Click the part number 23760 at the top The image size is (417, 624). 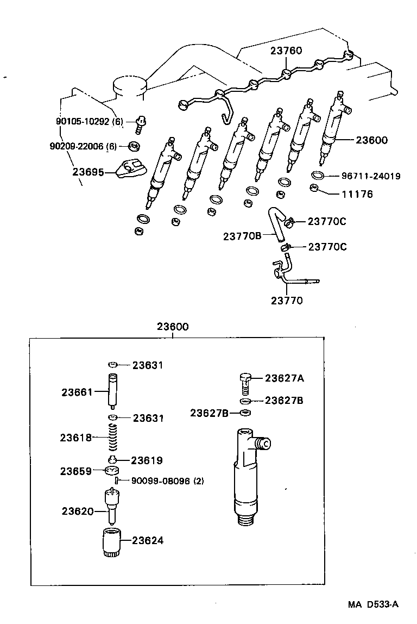pyautogui.click(x=286, y=51)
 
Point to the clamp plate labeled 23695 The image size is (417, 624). pyautogui.click(x=132, y=169)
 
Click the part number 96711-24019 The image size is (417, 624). pyautogui.click(x=371, y=176)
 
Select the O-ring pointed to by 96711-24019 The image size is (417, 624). pyautogui.click(x=319, y=175)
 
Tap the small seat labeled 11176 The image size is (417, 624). pyautogui.click(x=313, y=189)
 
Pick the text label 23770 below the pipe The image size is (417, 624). pyautogui.click(x=287, y=299)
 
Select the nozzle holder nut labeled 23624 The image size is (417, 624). pyautogui.click(x=110, y=542)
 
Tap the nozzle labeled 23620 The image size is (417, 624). pyautogui.click(x=111, y=506)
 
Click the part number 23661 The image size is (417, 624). pyautogui.click(x=77, y=391)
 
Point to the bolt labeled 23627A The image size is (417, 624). pyautogui.click(x=245, y=384)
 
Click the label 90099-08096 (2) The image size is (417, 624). pyautogui.click(x=168, y=481)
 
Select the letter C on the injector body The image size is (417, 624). pyautogui.click(x=266, y=444)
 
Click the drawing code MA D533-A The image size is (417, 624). pyautogui.click(x=373, y=604)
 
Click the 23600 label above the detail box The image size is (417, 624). pyautogui.click(x=173, y=327)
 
